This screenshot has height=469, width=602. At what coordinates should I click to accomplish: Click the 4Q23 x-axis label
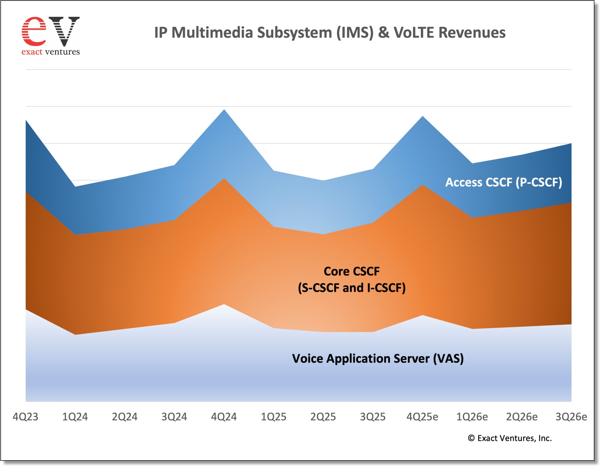point(25,417)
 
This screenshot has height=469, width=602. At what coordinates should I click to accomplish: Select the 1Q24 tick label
point(75,417)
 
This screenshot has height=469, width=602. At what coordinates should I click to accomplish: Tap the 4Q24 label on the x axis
point(224,417)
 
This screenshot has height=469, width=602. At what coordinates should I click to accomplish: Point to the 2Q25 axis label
point(323,417)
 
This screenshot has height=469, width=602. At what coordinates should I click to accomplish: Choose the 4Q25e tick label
point(422,417)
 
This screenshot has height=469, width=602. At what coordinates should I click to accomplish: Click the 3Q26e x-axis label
point(571,417)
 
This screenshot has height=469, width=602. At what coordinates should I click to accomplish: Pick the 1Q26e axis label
point(472,417)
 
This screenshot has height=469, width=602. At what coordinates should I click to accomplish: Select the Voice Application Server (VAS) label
point(378,359)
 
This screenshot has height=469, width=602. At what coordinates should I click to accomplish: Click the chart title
point(330,32)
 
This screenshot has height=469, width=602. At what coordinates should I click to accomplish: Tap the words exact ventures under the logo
point(51,52)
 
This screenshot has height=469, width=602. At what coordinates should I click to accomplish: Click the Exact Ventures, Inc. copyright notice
point(510,438)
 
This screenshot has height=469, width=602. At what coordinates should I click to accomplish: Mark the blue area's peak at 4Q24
point(224,110)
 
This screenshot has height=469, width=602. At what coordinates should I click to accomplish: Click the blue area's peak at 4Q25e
point(423,117)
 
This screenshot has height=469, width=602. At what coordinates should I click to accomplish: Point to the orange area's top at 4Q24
point(224,179)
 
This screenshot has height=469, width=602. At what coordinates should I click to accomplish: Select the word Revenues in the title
point(472,32)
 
